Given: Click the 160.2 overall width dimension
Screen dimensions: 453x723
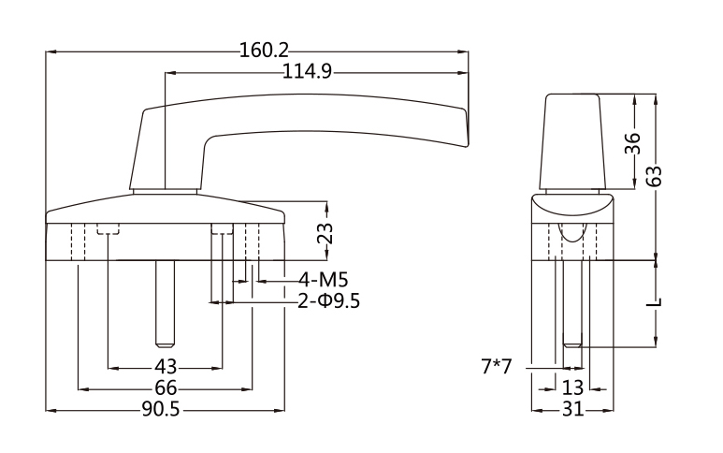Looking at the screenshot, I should tap(265, 51).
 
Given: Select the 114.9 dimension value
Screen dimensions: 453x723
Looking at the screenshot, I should tap(308, 73).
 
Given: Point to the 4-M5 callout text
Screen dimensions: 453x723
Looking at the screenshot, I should tap(324, 280).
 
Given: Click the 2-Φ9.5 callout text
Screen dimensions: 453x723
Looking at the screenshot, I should tap(328, 301).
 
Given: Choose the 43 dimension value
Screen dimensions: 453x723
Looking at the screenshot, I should tap(165, 367).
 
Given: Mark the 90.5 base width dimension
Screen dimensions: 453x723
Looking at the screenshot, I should tap(163, 410).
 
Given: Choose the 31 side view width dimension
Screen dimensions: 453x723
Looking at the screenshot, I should tap(573, 410).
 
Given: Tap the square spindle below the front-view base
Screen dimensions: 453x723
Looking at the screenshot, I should tap(165, 300).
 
